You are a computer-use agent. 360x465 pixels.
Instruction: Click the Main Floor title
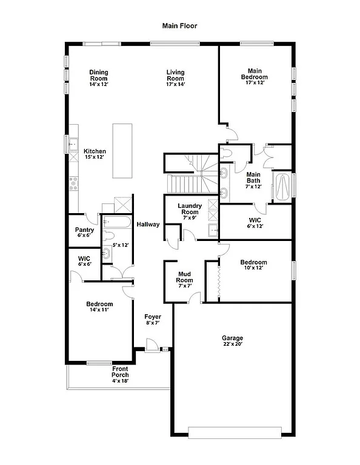pyautogui.click(x=179, y=26)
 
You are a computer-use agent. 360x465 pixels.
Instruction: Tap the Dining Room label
pyautogui.click(x=99, y=76)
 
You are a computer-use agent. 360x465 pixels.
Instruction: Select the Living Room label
pyautogui.click(x=176, y=76)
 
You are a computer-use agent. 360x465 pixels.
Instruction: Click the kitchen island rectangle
pyautogui.click(x=122, y=150)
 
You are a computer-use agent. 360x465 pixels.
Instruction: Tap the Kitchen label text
pyautogui.click(x=95, y=151)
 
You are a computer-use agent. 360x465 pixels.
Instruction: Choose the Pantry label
pyautogui.click(x=84, y=230)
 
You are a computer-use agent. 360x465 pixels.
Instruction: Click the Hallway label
pyautogui.click(x=148, y=225)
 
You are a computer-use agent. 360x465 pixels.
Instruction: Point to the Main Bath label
pyautogui.click(x=253, y=177)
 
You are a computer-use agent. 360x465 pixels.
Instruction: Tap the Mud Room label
pyautogui.click(x=184, y=277)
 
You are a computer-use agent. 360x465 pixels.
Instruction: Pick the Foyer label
pyautogui.click(x=152, y=317)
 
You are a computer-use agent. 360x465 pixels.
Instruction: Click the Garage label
pyautogui.click(x=232, y=338)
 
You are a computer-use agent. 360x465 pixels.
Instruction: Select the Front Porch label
pyautogui.click(x=120, y=372)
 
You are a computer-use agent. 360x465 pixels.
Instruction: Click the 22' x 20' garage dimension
pyautogui.click(x=232, y=345)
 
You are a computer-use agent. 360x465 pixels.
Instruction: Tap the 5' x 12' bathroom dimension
pyautogui.click(x=121, y=245)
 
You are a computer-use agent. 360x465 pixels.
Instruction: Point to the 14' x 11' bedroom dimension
pyautogui.click(x=99, y=311)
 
